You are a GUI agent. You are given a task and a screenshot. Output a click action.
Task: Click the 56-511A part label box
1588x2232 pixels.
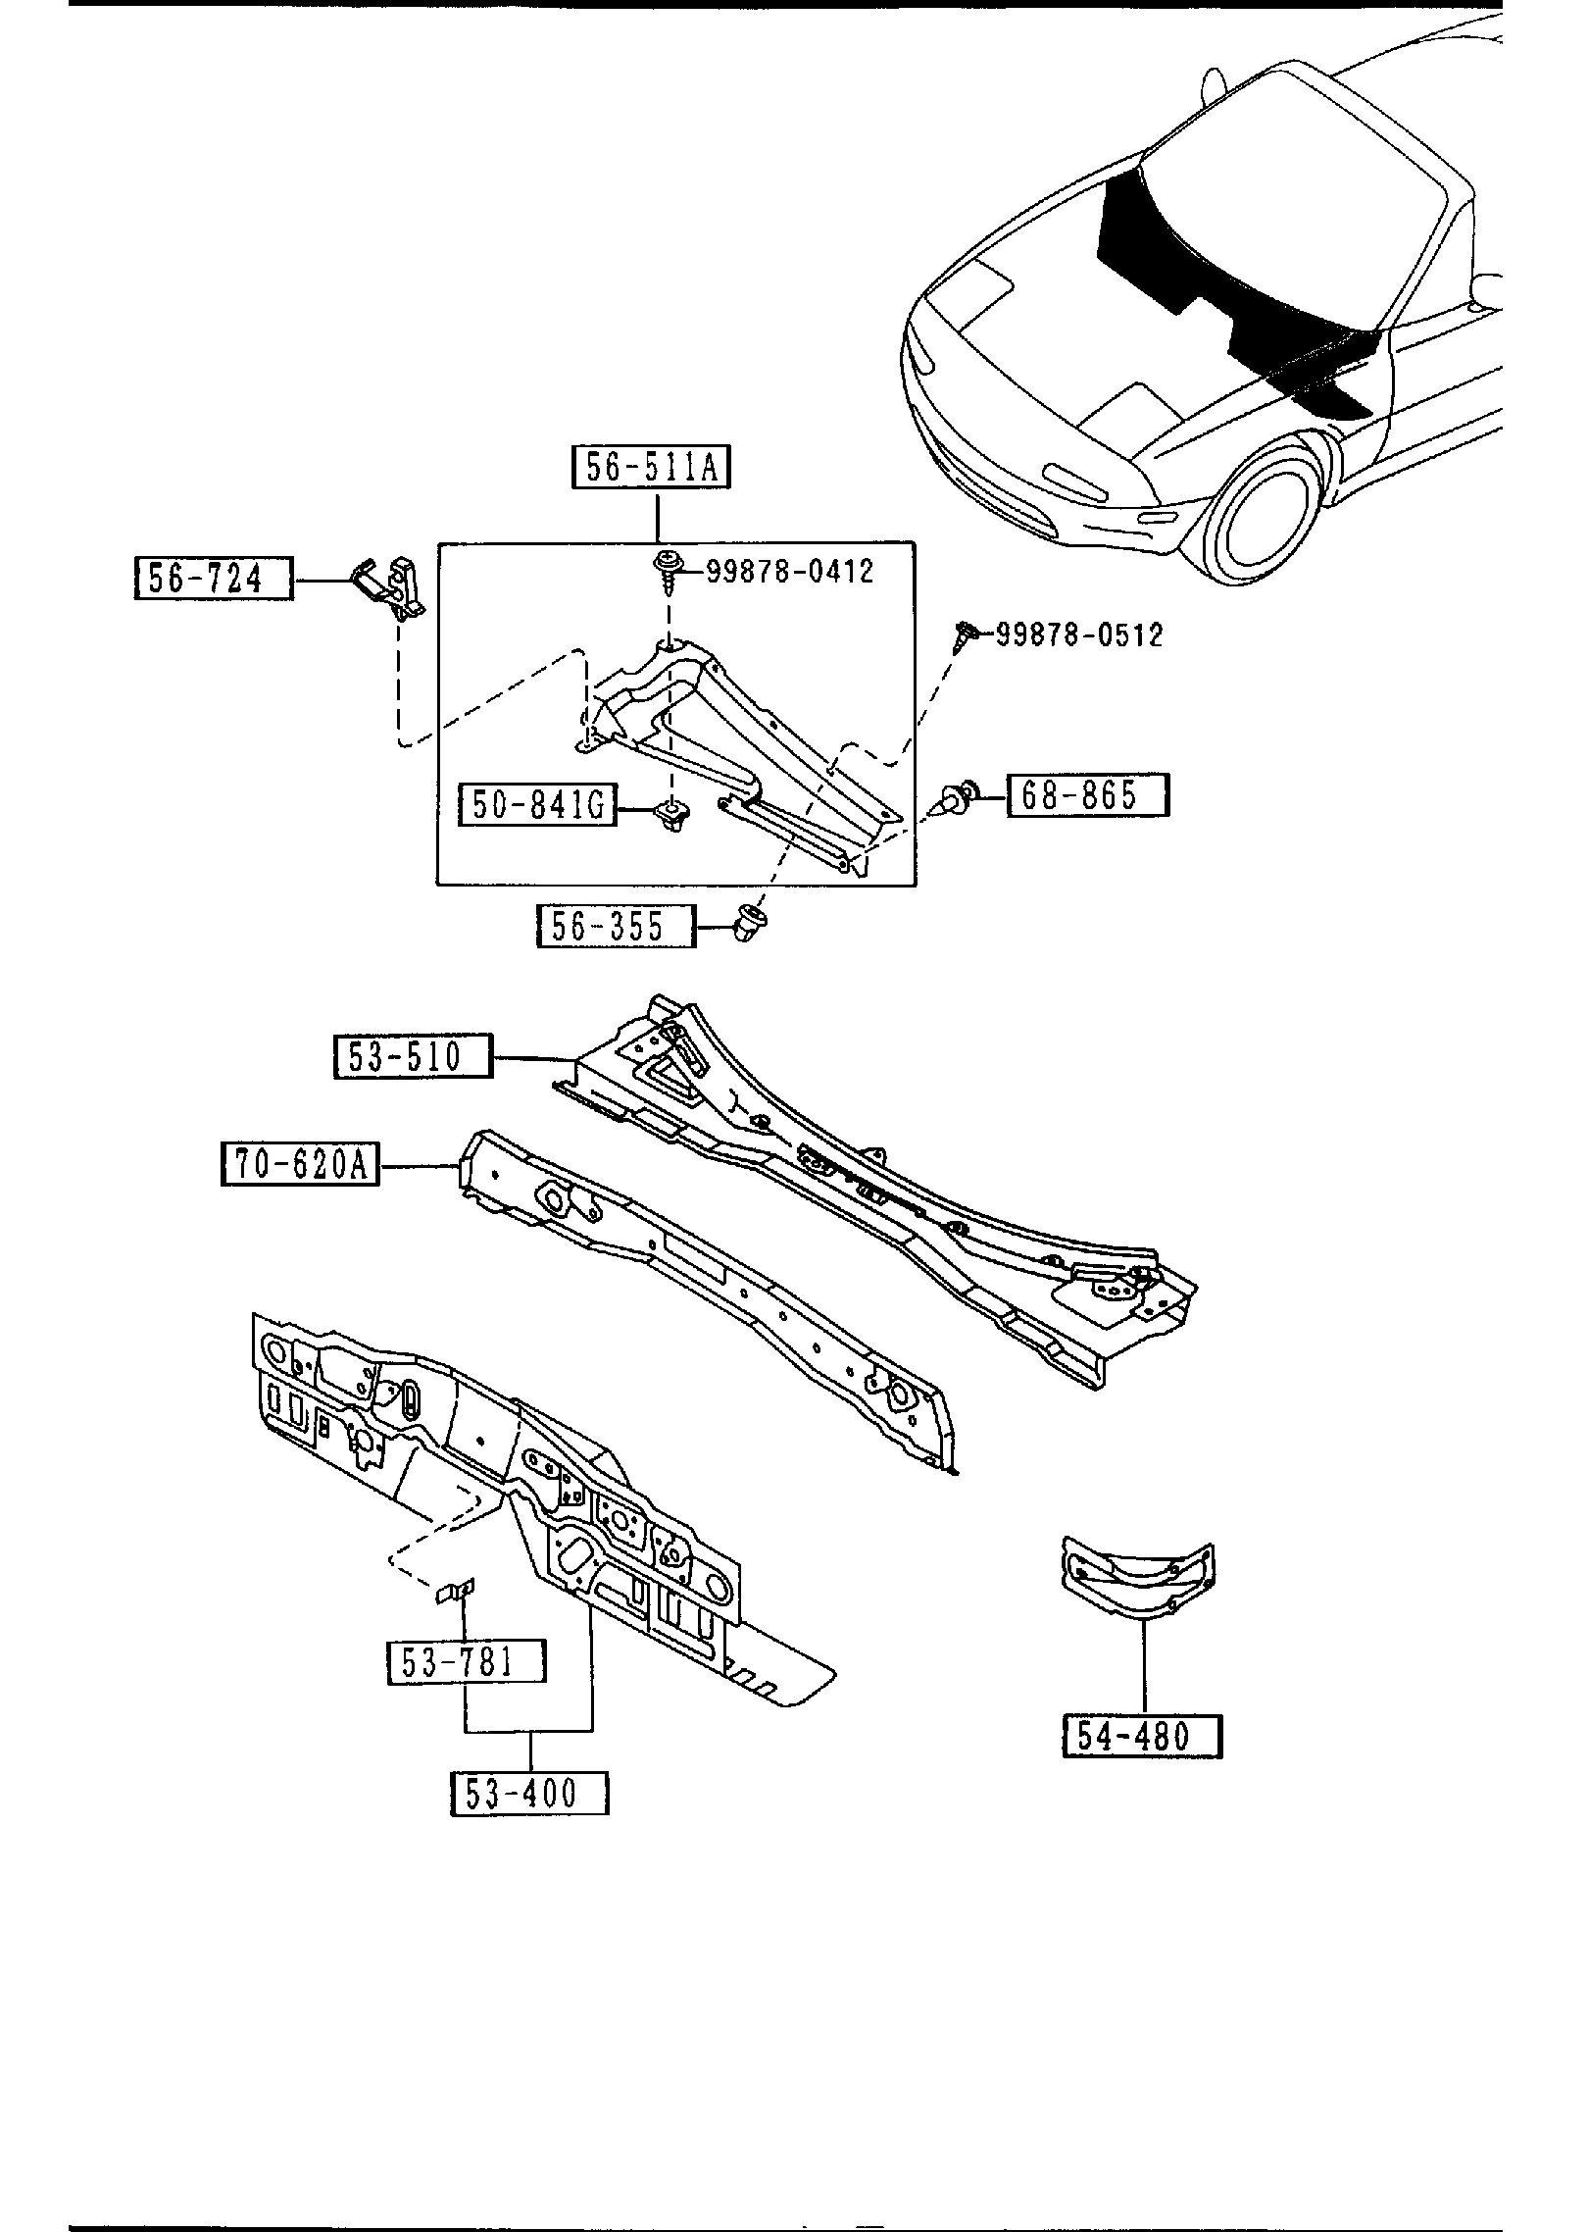[x=652, y=467]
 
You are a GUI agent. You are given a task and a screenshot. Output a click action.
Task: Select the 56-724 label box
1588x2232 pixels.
[x=213, y=578]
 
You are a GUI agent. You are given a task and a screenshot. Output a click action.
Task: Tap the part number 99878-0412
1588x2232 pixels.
[x=789, y=571]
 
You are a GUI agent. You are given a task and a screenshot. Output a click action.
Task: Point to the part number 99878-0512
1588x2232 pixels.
[x=1079, y=634]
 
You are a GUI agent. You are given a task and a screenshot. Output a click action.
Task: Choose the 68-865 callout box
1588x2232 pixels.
[x=1087, y=794]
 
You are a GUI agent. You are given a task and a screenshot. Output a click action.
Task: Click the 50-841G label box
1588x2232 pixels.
[x=538, y=805]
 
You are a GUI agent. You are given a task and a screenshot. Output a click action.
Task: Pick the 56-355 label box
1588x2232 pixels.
[x=615, y=926]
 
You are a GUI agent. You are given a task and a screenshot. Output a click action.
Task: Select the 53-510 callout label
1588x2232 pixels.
[x=413, y=1056]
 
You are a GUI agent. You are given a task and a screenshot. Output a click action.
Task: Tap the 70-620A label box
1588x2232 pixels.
[x=300, y=1165]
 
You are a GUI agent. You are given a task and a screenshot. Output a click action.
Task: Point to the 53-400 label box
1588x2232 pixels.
[x=529, y=1794]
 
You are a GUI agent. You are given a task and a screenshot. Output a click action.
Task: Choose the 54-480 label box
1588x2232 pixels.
[x=1142, y=1737]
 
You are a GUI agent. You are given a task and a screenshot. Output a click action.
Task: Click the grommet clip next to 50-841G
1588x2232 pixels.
[x=671, y=814]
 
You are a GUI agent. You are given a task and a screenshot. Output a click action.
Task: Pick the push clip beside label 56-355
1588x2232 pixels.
[x=752, y=924]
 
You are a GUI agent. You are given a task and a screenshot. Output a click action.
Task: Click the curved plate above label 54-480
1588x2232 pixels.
[x=1138, y=1581]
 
